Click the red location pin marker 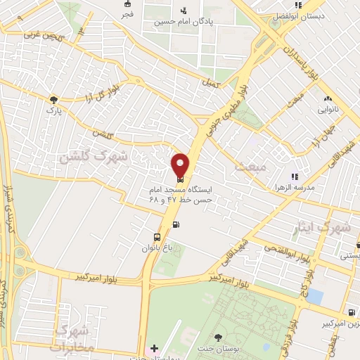point(180,164)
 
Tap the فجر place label point(127,14)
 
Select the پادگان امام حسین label point(184,21)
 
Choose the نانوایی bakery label point(329,110)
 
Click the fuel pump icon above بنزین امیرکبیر point(349,312)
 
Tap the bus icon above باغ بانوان point(157,237)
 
